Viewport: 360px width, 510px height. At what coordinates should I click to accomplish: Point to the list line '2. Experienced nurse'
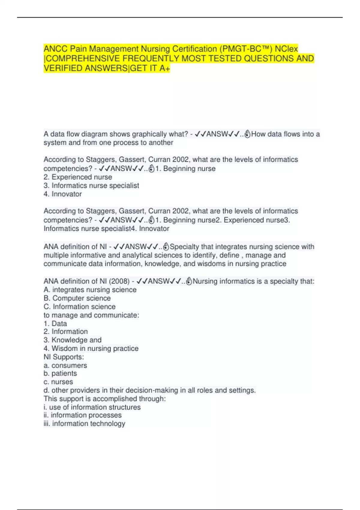(x=78, y=177)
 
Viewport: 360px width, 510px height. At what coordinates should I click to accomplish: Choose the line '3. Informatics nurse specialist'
(x=91, y=185)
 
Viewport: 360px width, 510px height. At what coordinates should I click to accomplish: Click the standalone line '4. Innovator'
(x=63, y=194)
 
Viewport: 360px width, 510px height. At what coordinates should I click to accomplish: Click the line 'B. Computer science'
(x=77, y=298)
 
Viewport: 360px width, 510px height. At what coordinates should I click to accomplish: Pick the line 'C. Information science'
(x=79, y=307)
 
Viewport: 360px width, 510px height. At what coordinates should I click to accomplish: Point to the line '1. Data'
(x=55, y=323)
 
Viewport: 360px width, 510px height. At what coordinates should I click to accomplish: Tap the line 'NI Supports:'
(x=64, y=357)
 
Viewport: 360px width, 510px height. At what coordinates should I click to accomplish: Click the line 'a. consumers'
(x=65, y=365)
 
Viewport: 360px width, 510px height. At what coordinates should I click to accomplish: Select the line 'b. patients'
(x=60, y=373)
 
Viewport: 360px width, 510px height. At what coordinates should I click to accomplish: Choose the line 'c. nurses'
(x=58, y=382)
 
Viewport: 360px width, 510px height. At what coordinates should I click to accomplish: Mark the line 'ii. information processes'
(x=82, y=415)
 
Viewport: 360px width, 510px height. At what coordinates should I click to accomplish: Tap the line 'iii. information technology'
(x=84, y=424)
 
